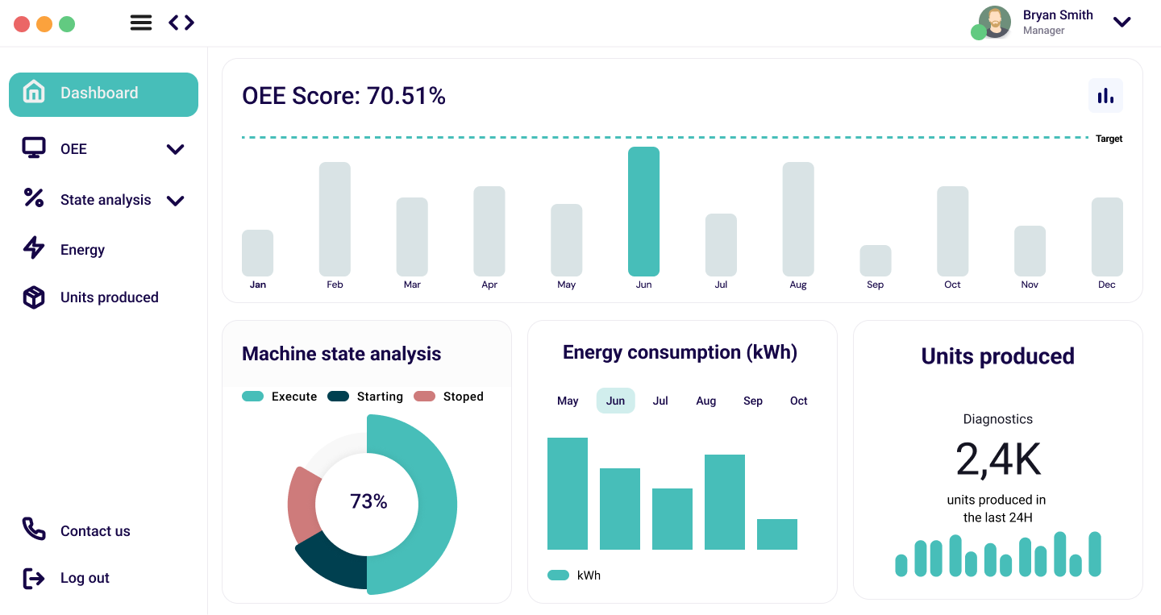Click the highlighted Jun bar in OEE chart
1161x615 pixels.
pos(643,212)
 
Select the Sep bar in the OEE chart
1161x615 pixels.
pos(875,261)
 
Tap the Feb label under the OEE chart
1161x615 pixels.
pos(335,285)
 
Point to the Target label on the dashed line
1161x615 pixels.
pos(1109,139)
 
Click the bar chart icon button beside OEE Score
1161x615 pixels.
pos(1105,96)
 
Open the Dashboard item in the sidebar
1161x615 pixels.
pos(103,94)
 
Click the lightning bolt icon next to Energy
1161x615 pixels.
pos(34,248)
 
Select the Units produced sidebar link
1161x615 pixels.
pos(109,297)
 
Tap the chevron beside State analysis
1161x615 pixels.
pos(175,201)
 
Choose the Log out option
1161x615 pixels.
pos(85,578)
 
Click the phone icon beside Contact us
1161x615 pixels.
pos(34,530)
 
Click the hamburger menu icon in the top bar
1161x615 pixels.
pos(141,23)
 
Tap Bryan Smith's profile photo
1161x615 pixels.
pos(995,22)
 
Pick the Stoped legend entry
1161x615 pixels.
pos(449,397)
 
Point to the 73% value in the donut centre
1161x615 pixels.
pos(368,501)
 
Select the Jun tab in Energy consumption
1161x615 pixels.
pos(615,401)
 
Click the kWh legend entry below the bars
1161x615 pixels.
pos(574,576)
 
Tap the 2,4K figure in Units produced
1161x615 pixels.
pos(998,460)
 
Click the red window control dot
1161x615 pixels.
pos(22,24)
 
